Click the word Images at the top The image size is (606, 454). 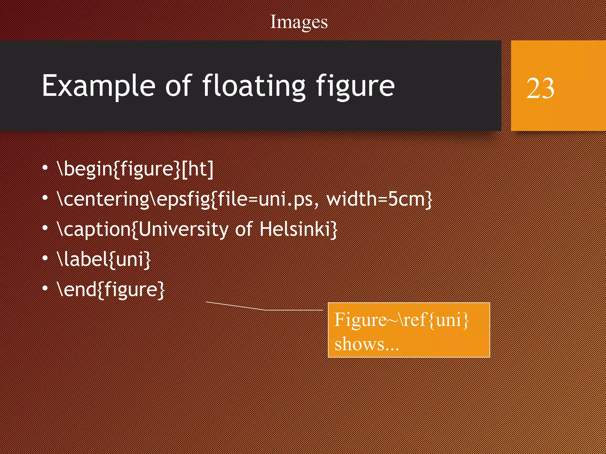coord(299,22)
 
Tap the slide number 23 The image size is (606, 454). coord(540,88)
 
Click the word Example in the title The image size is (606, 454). coord(99,86)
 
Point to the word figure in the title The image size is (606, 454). coord(355,86)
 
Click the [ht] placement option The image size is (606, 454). coord(197,169)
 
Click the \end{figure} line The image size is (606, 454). coord(111,289)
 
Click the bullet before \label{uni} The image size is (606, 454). coord(45,258)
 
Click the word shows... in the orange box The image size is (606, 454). coord(367,344)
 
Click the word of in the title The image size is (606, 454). coord(178,86)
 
